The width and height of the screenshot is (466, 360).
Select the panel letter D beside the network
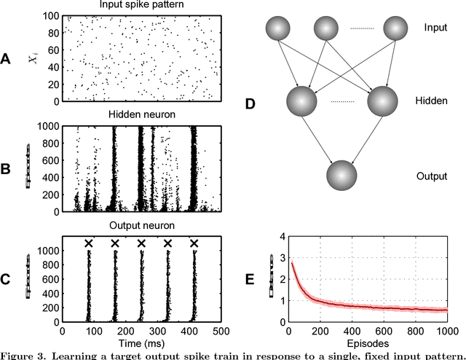tap(250, 104)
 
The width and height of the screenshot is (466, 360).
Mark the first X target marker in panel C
tap(89, 243)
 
